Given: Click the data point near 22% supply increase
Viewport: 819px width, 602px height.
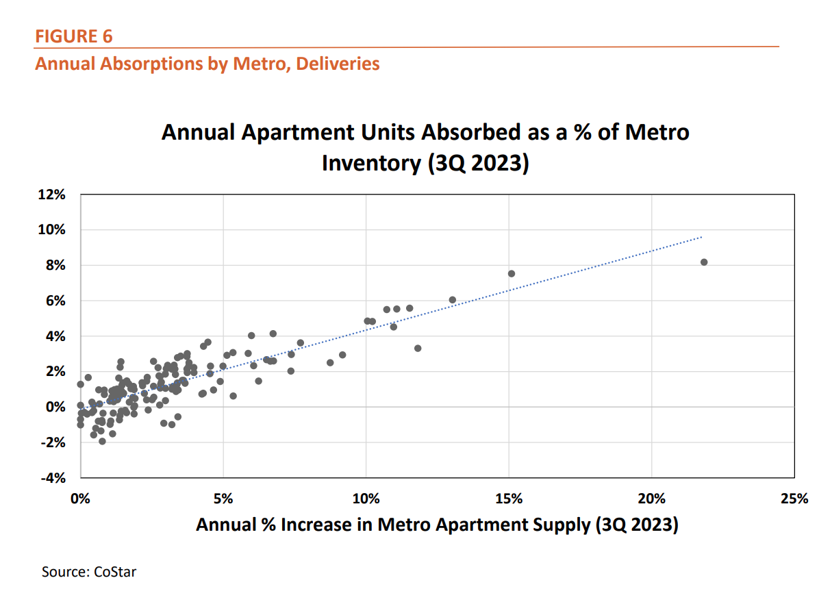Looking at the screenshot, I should pyautogui.click(x=704, y=262).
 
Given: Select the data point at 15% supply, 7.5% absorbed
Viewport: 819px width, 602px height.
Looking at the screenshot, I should pyautogui.click(x=511, y=273).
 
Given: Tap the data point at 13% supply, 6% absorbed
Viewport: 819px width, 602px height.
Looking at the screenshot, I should pyautogui.click(x=452, y=300).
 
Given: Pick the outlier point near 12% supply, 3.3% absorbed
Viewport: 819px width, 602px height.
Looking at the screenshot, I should pyautogui.click(x=418, y=348).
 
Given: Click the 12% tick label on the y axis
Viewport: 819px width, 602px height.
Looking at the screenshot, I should pyautogui.click(x=52, y=195).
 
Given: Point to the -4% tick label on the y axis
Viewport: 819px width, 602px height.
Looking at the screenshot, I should pyautogui.click(x=53, y=478).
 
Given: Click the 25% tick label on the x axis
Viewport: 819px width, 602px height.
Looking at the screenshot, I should pyautogui.click(x=794, y=498).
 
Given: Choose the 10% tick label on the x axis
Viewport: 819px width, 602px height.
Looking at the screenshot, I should pyautogui.click(x=366, y=498).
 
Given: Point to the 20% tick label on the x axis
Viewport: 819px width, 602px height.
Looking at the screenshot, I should pyautogui.click(x=651, y=498).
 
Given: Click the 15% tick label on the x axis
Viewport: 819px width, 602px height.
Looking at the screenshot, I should pyautogui.click(x=509, y=498).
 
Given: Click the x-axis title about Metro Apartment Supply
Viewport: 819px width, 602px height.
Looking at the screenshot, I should pyautogui.click(x=437, y=525).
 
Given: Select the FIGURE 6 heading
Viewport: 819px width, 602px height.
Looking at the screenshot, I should pyautogui.click(x=74, y=36).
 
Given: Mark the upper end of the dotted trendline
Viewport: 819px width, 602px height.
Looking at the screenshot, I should pyautogui.click(x=702, y=237).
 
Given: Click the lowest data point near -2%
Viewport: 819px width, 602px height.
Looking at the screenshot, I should pyautogui.click(x=102, y=441).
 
